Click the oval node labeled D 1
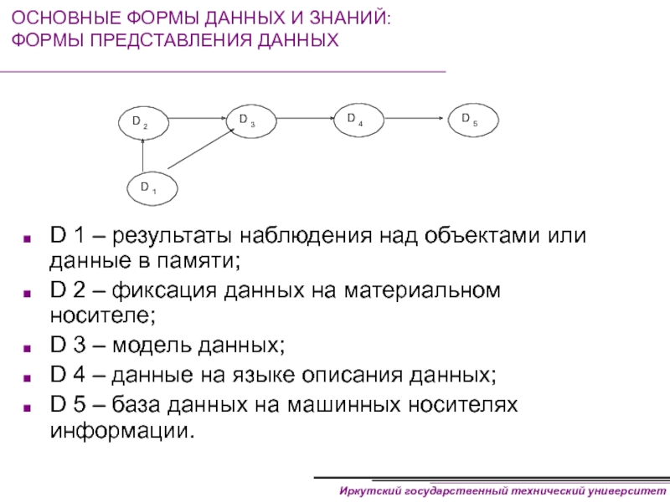147,188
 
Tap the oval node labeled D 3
252,120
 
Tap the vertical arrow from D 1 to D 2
142,156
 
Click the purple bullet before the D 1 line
31,237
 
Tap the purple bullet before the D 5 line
31,405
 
